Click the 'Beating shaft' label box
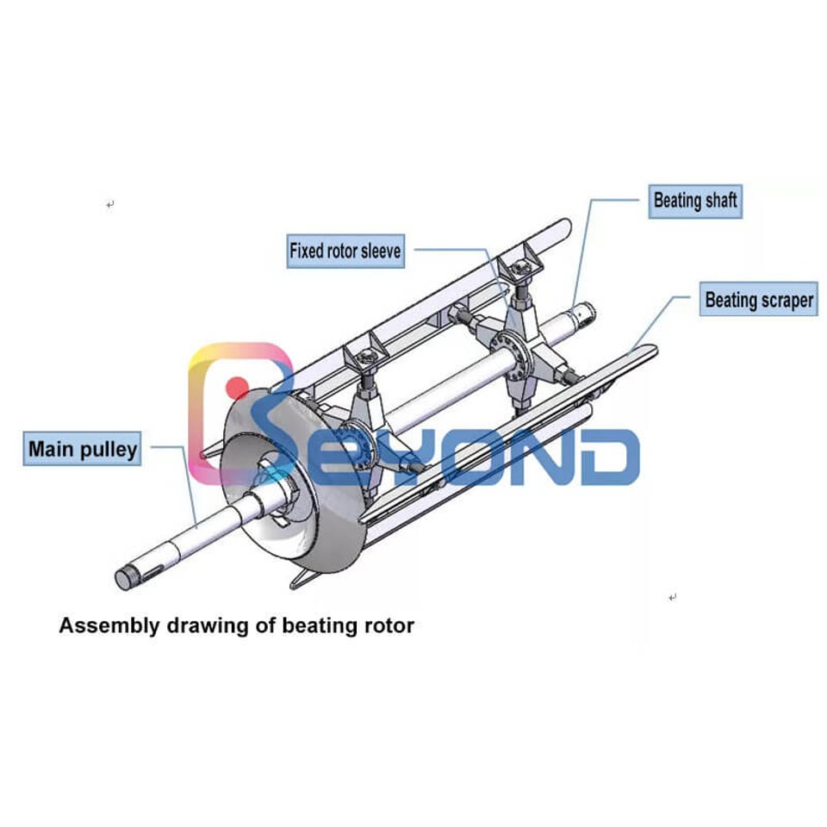pyautogui.click(x=695, y=202)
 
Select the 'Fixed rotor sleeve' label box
pyautogui.click(x=345, y=251)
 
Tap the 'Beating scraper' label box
pyautogui.click(x=758, y=299)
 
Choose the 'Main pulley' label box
pyautogui.click(x=83, y=449)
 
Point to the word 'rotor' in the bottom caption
pyautogui.click(x=389, y=625)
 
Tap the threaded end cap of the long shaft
pyautogui.click(x=123, y=579)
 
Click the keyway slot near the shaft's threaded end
pyautogui.click(x=152, y=570)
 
